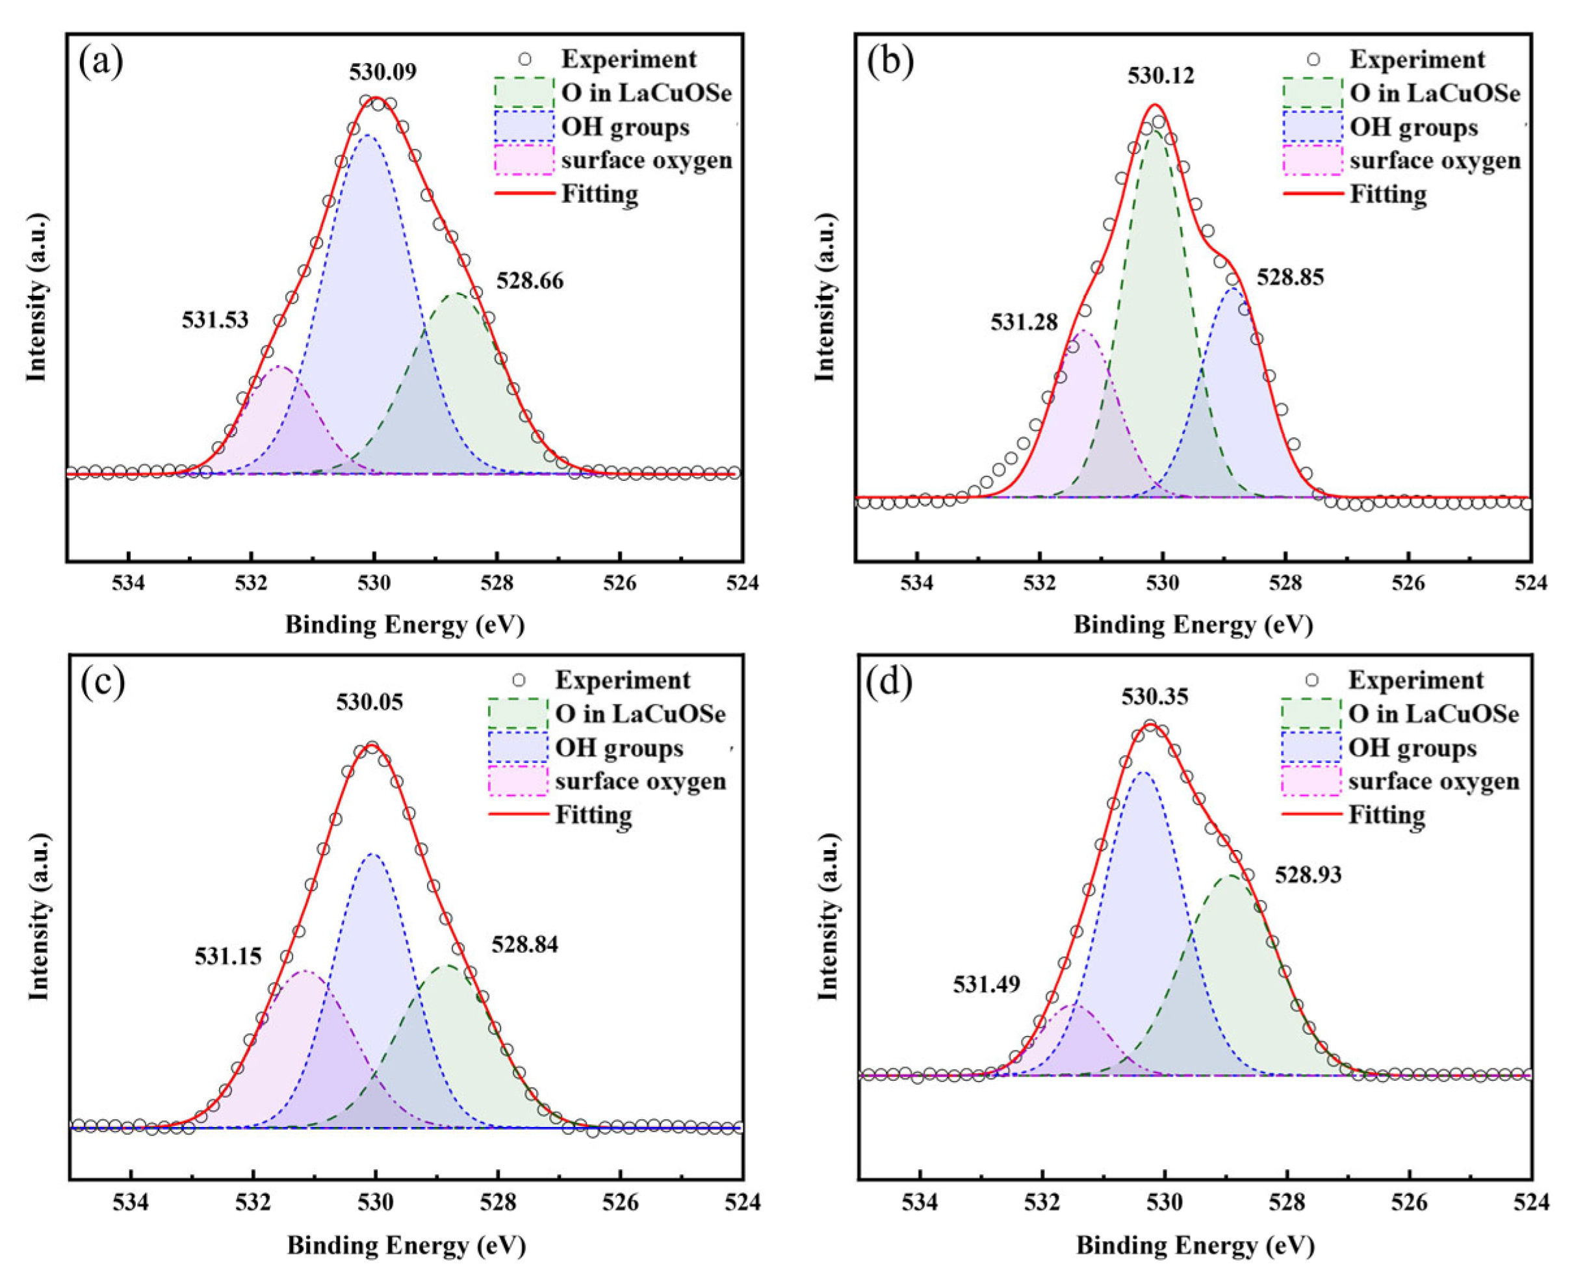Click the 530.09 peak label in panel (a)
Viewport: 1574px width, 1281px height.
click(382, 72)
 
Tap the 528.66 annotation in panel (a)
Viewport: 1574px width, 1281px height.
click(529, 281)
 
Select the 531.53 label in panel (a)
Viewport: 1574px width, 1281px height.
click(214, 320)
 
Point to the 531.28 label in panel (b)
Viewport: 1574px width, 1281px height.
click(1024, 322)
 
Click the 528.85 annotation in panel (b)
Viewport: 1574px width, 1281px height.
click(1290, 278)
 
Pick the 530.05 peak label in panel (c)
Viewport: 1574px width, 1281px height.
click(370, 702)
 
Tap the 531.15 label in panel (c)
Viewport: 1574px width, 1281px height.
click(228, 957)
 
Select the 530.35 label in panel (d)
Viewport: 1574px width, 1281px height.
click(1155, 697)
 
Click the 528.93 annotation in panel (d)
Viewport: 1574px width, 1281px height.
click(1308, 875)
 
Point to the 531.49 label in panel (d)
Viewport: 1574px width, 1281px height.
click(986, 985)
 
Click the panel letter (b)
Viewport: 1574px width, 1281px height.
click(890, 62)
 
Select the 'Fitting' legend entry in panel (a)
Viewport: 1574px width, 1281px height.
click(599, 194)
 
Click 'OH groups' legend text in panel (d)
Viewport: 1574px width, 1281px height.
click(1412, 748)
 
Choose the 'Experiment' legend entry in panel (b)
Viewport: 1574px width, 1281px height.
click(1417, 60)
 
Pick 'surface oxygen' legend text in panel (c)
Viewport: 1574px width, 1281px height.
click(641, 781)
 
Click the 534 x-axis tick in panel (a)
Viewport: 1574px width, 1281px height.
click(129, 583)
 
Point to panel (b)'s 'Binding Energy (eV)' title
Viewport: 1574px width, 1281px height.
click(1193, 625)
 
